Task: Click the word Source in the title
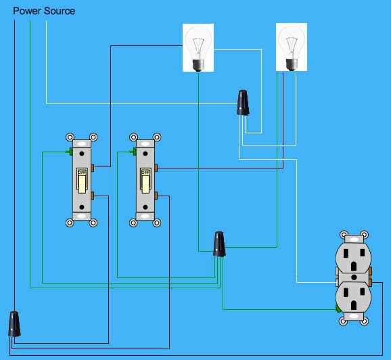point(60,11)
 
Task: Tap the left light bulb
point(198,47)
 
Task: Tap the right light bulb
point(292,47)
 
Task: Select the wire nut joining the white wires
point(243,103)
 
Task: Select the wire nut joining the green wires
point(219,244)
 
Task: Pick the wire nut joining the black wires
point(14,324)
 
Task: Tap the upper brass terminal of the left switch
point(93,168)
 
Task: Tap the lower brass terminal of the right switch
point(156,196)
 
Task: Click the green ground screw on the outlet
point(338,309)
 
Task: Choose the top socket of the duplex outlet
point(354,258)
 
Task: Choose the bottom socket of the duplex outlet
point(354,297)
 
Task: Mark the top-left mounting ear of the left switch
point(70,137)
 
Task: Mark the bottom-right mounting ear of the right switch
point(157,223)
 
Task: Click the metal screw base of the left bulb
point(198,65)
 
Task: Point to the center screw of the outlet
point(354,277)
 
